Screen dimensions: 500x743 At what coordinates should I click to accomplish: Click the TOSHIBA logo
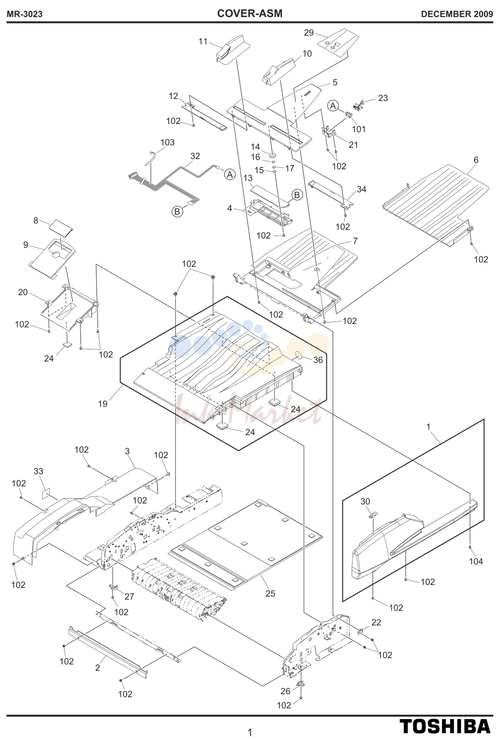[x=444, y=726]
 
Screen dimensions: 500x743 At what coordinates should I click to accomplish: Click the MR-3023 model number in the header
[x=24, y=14]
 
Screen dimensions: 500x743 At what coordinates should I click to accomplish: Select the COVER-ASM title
[x=250, y=14]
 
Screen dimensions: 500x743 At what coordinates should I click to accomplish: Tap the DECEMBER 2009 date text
[x=457, y=14]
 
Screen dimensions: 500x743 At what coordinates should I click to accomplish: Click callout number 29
[x=309, y=33]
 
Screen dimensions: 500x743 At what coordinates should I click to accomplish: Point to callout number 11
[x=203, y=41]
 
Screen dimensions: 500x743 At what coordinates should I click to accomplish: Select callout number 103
[x=167, y=142]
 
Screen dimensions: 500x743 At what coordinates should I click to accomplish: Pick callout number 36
[x=318, y=360]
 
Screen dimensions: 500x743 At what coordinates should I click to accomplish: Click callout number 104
[x=476, y=561]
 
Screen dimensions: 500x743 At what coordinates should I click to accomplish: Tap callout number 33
[x=39, y=471]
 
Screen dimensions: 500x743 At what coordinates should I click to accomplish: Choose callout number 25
[x=270, y=593]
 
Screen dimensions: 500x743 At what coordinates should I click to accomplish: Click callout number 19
[x=103, y=403]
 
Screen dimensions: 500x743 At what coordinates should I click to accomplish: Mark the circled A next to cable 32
[x=230, y=174]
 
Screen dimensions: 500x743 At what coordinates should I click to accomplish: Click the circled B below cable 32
[x=178, y=211]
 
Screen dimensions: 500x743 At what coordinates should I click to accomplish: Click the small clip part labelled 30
[x=373, y=515]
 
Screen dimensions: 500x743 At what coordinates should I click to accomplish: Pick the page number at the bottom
[x=250, y=732]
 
